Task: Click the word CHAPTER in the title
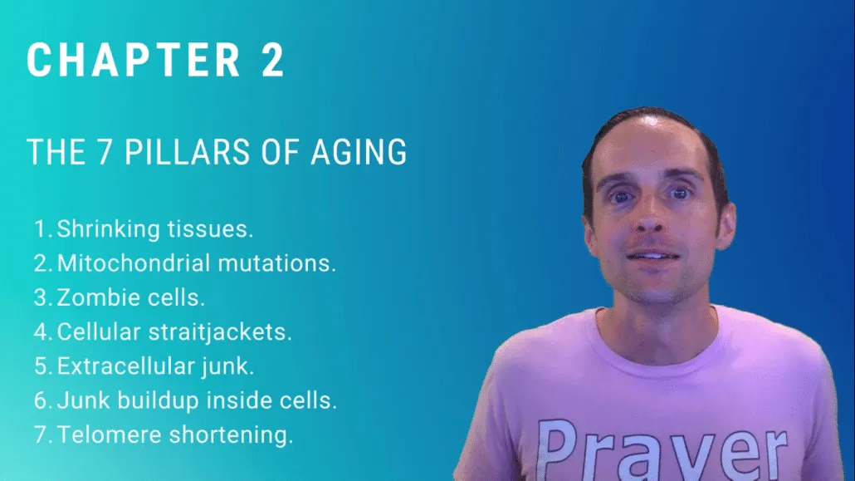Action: [134, 60]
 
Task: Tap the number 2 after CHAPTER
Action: [273, 60]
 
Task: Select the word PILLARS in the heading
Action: [188, 152]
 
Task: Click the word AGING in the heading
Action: [359, 152]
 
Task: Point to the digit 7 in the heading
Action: [105, 152]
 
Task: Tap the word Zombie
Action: [92, 297]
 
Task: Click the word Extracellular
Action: [126, 366]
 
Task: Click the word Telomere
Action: [110, 435]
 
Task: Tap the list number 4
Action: [42, 332]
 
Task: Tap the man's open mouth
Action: [652, 256]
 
